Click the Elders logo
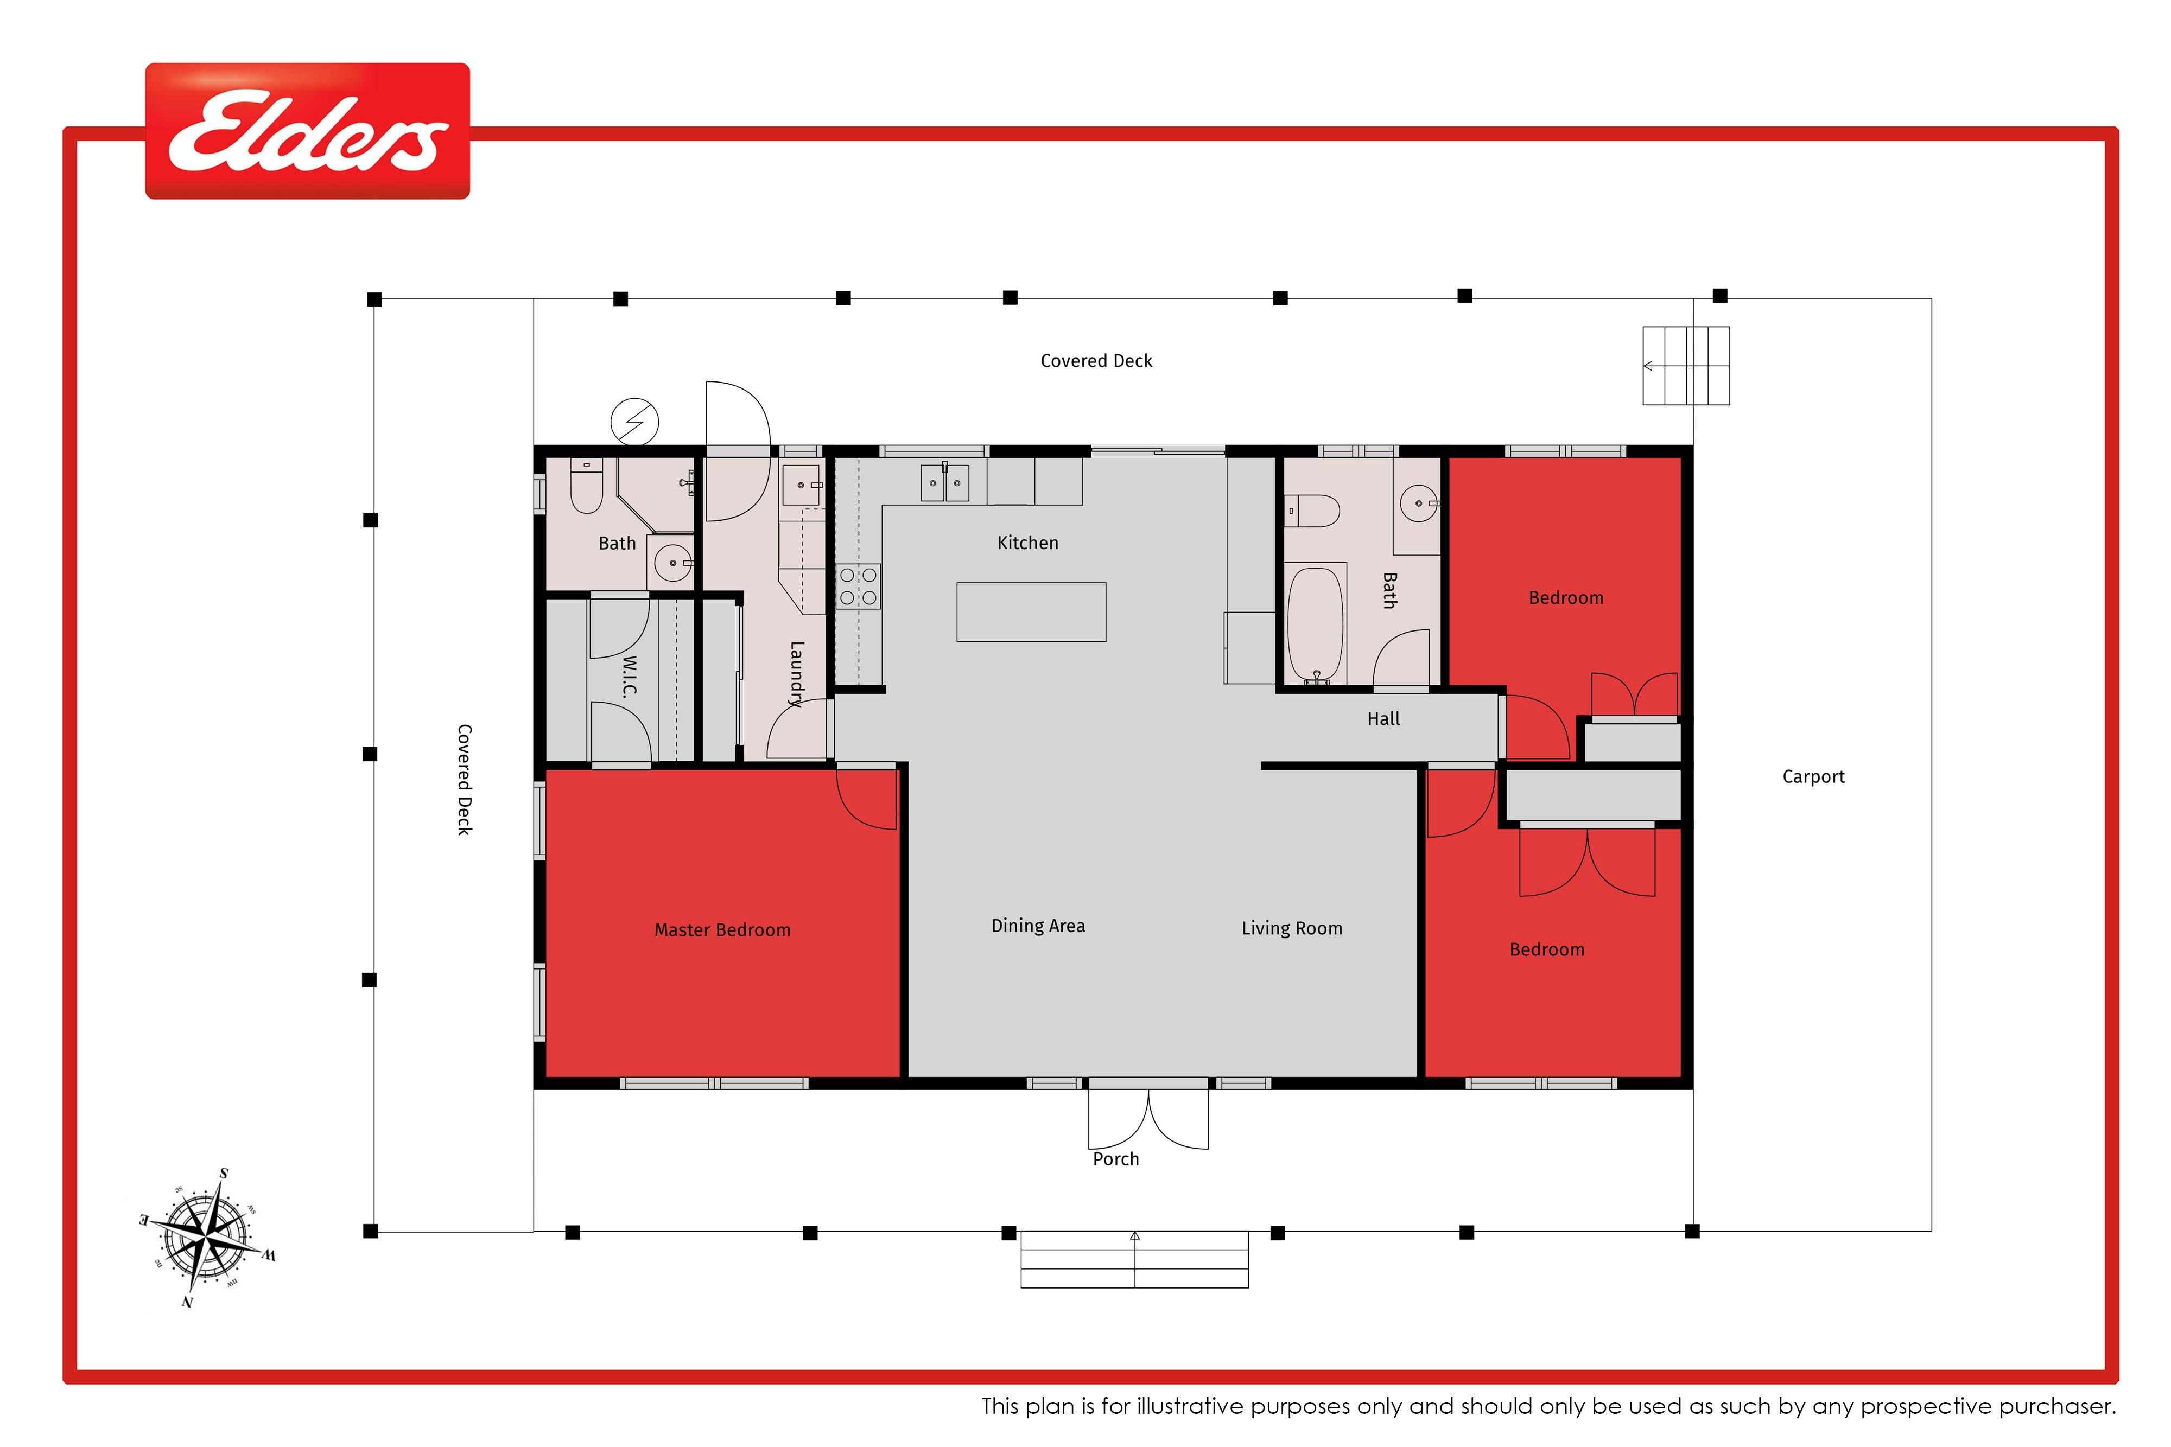point(307,131)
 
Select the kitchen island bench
point(1031,612)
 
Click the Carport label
point(1813,777)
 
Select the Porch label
point(1116,1159)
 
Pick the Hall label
point(1383,719)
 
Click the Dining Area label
point(1038,926)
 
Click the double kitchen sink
point(944,483)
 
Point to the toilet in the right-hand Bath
point(1312,511)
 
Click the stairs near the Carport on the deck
point(1685,366)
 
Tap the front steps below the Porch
point(1134,1260)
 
